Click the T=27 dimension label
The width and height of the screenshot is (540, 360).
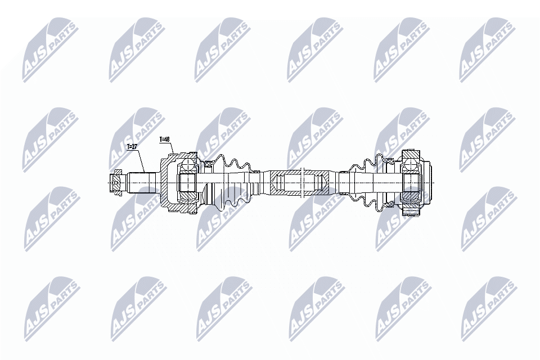pos(132,147)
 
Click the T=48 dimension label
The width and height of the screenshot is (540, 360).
pos(165,138)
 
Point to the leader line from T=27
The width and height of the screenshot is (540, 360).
pos(141,161)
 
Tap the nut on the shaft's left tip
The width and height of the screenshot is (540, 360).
pos(115,183)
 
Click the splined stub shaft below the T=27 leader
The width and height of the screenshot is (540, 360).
pos(141,183)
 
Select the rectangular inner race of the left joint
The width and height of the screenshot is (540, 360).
pos(187,183)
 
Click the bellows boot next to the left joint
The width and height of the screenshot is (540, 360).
pos(231,183)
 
